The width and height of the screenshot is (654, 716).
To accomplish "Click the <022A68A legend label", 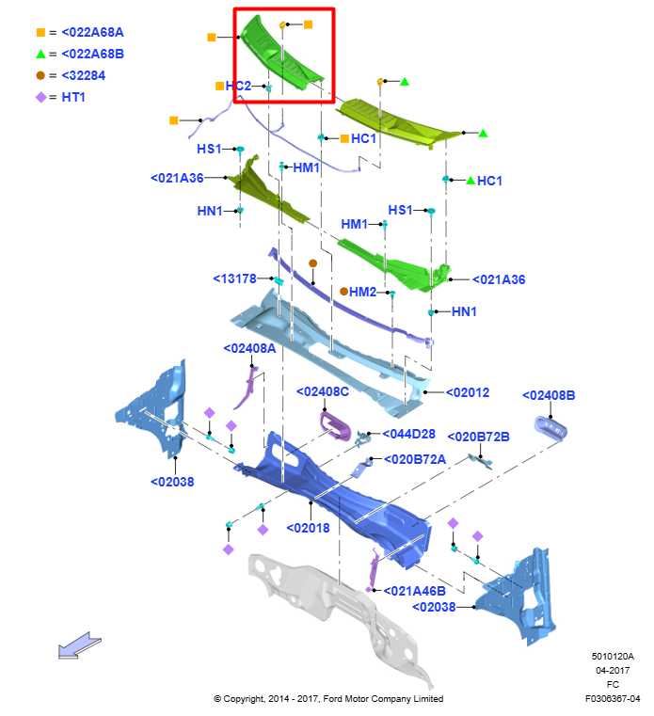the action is pyautogui.click(x=92, y=32).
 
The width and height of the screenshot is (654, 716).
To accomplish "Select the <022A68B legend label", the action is pyautogui.click(x=93, y=54).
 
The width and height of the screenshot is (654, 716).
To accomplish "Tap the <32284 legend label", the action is pyautogui.click(x=83, y=75).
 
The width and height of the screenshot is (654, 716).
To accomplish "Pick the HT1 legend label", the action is pyautogui.click(x=73, y=97).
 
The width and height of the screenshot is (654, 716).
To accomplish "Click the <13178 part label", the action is pyautogui.click(x=234, y=278).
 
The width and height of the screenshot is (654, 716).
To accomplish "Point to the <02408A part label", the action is pyautogui.click(x=249, y=348).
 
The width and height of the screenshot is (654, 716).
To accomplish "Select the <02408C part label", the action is pyautogui.click(x=323, y=391).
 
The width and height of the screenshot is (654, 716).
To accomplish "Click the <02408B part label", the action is pyautogui.click(x=549, y=395).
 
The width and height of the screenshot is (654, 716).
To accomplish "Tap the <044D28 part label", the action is pyautogui.click(x=408, y=434).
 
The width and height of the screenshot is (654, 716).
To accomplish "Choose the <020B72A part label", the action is pyautogui.click(x=415, y=459).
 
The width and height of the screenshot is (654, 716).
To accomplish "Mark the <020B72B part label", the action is pyautogui.click(x=478, y=437).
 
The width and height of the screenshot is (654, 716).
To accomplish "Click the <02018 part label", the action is pyautogui.click(x=308, y=529).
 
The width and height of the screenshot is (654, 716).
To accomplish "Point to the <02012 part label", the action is pyautogui.click(x=467, y=392).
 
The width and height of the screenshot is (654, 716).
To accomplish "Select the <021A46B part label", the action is pyautogui.click(x=415, y=591).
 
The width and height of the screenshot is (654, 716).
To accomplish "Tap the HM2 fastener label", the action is pyautogui.click(x=362, y=292).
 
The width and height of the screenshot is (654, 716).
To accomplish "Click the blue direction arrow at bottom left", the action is pyautogui.click(x=79, y=645).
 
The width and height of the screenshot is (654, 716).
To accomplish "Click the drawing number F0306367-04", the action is pyautogui.click(x=613, y=699).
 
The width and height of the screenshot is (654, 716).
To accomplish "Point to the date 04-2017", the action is pyautogui.click(x=613, y=670).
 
